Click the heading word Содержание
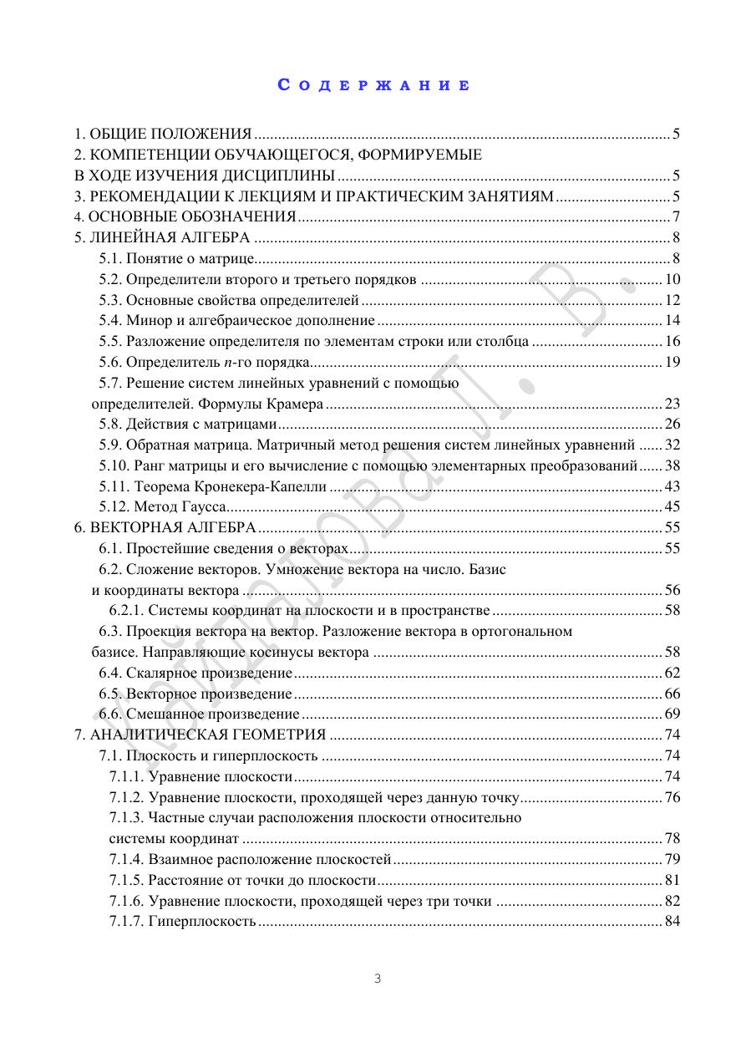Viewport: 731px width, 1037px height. tap(373, 85)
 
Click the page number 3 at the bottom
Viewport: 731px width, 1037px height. tap(377, 979)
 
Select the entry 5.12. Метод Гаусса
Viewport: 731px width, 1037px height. tap(163, 506)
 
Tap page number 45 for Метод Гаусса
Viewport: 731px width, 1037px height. tap(673, 506)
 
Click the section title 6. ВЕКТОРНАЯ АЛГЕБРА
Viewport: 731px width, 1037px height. tap(165, 527)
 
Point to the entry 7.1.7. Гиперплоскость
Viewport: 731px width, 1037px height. tap(182, 921)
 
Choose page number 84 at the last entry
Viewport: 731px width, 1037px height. tap(673, 921)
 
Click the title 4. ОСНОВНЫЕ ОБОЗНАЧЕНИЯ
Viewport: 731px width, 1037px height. tap(185, 217)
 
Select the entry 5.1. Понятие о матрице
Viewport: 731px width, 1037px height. tap(176, 258)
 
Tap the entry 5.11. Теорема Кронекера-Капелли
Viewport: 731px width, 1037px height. tap(213, 486)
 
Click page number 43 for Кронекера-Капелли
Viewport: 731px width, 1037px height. tap(673, 486)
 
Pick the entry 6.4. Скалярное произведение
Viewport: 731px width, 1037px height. tap(195, 673)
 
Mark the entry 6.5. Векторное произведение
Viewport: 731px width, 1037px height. tap(195, 694)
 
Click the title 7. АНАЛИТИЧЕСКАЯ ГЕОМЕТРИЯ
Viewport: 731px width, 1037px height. tap(201, 735)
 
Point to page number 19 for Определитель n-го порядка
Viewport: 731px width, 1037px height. tap(673, 362)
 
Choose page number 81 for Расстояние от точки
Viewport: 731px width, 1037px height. tap(673, 880)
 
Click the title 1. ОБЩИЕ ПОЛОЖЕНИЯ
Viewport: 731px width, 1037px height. tap(163, 134)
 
